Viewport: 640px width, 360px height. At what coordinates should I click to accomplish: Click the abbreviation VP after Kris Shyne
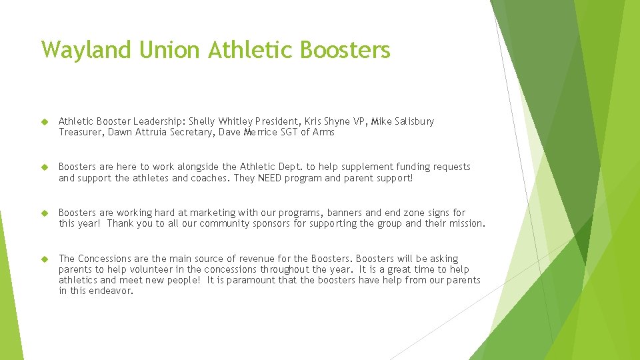(x=360, y=121)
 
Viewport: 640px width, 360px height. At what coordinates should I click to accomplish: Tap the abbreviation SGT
(x=271, y=132)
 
